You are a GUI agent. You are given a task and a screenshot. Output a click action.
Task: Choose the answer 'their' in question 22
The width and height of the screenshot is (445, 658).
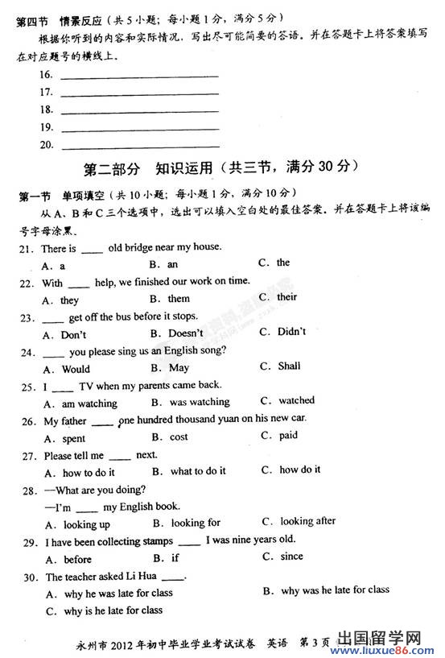pyautogui.click(x=286, y=297)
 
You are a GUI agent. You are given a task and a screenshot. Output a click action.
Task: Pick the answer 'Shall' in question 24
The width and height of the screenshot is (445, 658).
pyautogui.click(x=289, y=366)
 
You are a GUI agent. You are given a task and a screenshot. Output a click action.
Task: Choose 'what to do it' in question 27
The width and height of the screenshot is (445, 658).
pyautogui.click(x=197, y=471)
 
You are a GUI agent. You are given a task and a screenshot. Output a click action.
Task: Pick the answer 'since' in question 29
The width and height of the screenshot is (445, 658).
pyautogui.click(x=291, y=557)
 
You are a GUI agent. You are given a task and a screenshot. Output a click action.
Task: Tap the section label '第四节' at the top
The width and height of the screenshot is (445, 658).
pyautogui.click(x=32, y=19)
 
